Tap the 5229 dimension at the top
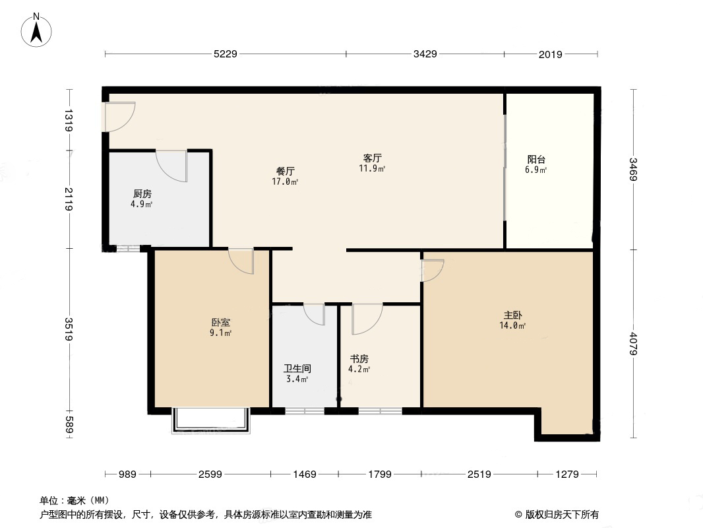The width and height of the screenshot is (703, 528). click(x=225, y=54)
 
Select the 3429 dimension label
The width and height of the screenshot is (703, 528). click(x=425, y=54)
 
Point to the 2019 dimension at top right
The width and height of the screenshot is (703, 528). click(x=550, y=54)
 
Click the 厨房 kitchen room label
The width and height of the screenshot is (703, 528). click(x=142, y=194)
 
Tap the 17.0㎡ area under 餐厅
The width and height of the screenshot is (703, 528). click(x=285, y=181)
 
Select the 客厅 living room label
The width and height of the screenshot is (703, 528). click(x=372, y=158)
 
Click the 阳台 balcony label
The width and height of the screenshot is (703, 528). click(x=536, y=159)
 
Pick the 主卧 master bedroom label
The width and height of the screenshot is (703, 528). click(x=512, y=315)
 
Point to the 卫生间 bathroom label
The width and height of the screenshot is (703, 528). click(x=297, y=368)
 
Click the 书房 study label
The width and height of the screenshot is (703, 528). click(x=359, y=359)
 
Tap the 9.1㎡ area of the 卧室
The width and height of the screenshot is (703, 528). click(x=220, y=333)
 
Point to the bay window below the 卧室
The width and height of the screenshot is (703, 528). click(x=211, y=420)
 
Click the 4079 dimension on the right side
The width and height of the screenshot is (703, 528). click(x=633, y=343)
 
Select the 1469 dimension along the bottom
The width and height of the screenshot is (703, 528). click(x=305, y=474)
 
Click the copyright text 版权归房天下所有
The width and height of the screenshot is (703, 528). click(x=562, y=515)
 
